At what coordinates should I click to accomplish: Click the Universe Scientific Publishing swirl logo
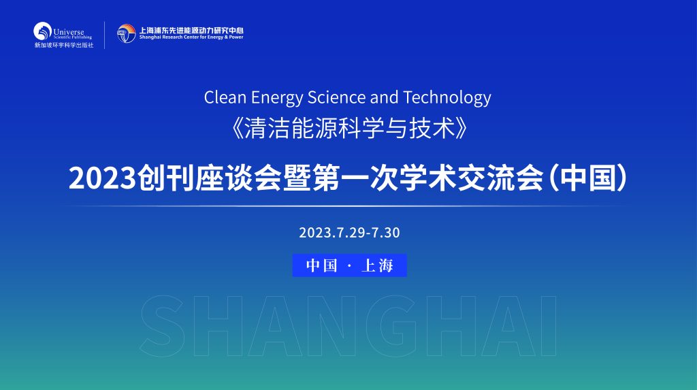[x=43, y=31]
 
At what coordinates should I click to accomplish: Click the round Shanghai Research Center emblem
[x=126, y=33]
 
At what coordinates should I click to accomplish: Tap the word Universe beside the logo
[x=69, y=32]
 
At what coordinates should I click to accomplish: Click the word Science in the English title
[x=337, y=97]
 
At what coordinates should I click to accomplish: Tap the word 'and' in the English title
[x=384, y=97]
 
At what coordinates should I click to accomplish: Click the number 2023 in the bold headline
[x=102, y=178]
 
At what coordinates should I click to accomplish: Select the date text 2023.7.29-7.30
[x=349, y=233]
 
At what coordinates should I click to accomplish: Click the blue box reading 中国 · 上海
[x=349, y=265]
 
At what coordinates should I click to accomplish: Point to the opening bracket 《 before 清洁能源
[x=238, y=129]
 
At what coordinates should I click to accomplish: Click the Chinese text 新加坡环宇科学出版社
[x=64, y=45]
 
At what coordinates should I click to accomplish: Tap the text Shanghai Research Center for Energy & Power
[x=191, y=37]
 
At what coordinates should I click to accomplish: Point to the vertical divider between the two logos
[x=104, y=35]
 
